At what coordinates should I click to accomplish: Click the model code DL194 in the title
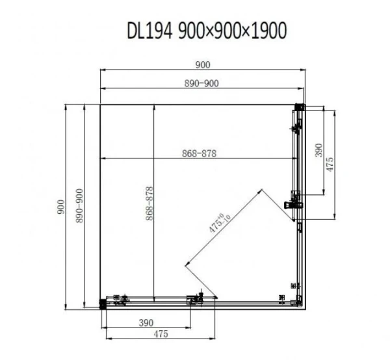pos(149,31)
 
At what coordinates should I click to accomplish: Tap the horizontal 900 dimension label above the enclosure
pos(203,64)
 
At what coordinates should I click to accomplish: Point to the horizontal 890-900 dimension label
pos(203,83)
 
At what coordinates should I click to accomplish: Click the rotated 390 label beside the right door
pos(318,151)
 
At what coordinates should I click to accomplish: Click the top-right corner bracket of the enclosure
pos(300,108)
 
